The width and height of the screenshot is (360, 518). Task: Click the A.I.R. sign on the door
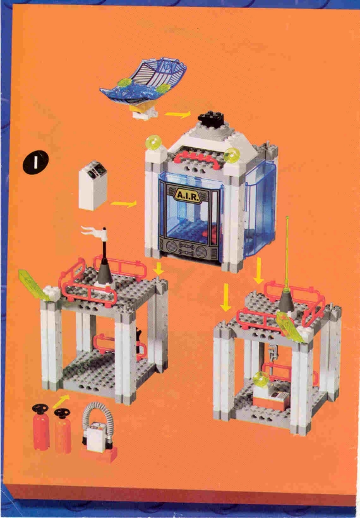(188, 195)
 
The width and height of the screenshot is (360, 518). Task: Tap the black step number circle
(35, 162)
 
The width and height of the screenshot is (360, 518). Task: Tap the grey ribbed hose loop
(97, 416)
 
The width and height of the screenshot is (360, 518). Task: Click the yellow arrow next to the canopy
(177, 114)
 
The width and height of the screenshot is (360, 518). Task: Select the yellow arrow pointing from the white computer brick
(124, 203)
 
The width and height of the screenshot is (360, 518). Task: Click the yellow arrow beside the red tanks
(61, 400)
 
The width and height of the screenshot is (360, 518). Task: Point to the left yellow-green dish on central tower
(154, 142)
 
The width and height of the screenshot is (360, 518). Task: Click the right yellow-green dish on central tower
(232, 155)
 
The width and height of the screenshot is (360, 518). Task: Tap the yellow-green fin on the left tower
(33, 284)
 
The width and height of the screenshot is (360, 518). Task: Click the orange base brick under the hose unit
(99, 454)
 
